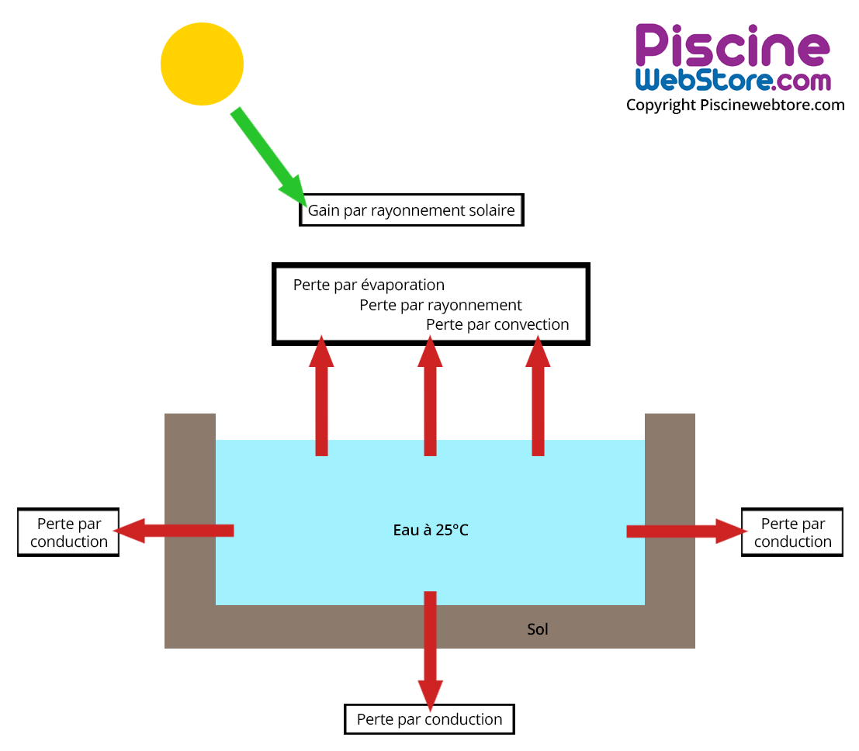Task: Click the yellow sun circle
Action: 202,64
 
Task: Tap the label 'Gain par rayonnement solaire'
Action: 411,210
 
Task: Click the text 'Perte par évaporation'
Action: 369,285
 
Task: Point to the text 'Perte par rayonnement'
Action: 441,305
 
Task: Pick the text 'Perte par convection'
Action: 497,324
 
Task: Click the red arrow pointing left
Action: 175,531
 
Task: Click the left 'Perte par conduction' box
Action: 68,533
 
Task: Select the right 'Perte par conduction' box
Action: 792,533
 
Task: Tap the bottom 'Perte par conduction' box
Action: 429,719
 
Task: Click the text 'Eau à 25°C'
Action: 431,531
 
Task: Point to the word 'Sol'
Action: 538,629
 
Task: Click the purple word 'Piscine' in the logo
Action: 732,47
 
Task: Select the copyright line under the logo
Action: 735,105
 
